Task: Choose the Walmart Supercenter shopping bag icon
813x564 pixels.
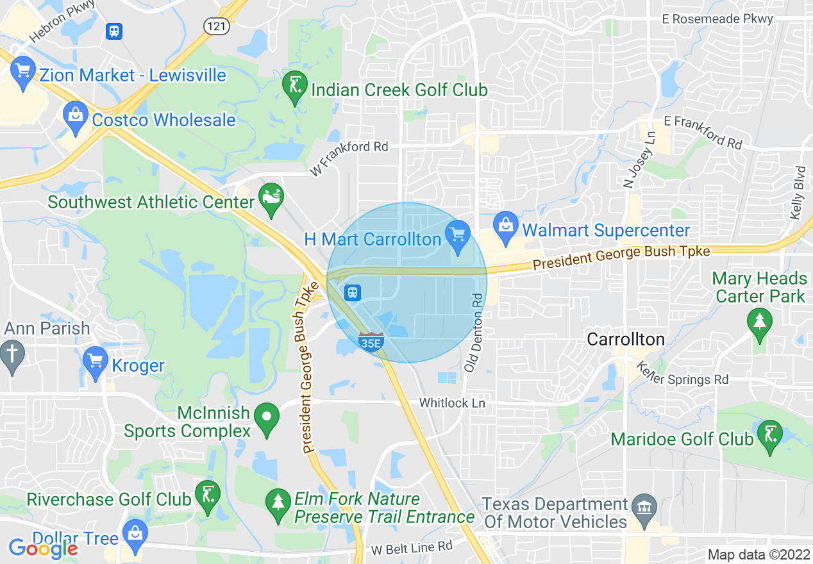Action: tap(506, 225)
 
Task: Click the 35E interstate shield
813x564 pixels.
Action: tap(371, 342)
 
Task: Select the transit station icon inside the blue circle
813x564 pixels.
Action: tap(352, 293)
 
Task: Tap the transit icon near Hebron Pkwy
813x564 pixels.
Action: tap(115, 31)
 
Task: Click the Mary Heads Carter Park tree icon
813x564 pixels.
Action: tap(760, 319)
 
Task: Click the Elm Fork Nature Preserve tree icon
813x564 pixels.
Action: tap(278, 501)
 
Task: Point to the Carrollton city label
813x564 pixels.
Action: tap(626, 339)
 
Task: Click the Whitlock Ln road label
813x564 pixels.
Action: tap(452, 403)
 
